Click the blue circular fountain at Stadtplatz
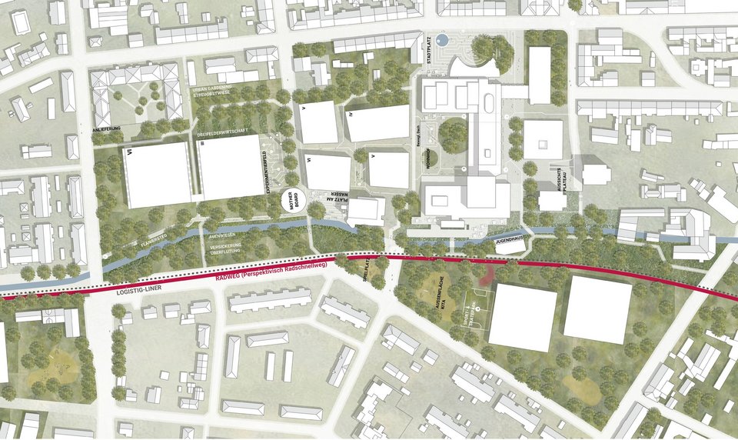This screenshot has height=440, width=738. (441, 38)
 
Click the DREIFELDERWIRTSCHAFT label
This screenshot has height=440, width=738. (222, 132)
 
